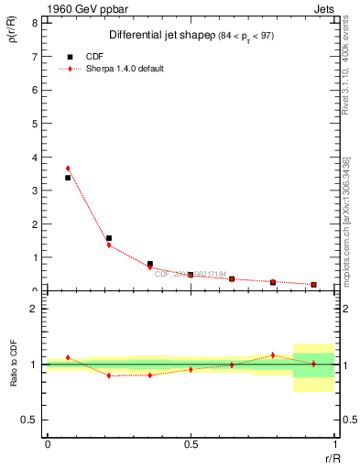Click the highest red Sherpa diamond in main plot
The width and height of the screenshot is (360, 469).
point(68,169)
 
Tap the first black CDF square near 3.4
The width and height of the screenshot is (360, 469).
point(68,178)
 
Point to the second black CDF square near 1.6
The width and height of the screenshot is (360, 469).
point(109,238)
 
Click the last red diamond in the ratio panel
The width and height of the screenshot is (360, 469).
point(313,364)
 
